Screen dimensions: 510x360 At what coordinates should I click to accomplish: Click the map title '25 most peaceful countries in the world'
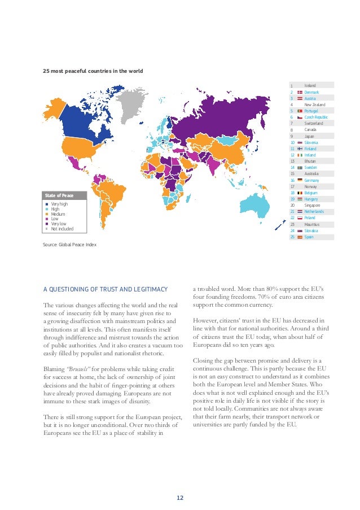93,71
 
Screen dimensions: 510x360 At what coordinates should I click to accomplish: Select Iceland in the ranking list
310,85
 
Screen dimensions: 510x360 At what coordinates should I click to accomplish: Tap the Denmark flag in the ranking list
300,91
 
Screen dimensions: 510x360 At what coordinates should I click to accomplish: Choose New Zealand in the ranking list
314,104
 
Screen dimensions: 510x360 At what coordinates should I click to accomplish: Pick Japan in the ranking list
309,136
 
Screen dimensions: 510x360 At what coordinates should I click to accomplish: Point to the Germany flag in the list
300,180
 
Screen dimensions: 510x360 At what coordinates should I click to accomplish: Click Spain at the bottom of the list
309,237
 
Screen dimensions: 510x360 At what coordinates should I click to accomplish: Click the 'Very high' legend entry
59,204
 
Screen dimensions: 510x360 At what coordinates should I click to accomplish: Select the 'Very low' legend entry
59,224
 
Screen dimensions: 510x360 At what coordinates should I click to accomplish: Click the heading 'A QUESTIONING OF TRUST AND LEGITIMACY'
106,290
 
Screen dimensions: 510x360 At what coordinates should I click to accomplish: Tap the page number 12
180,498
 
